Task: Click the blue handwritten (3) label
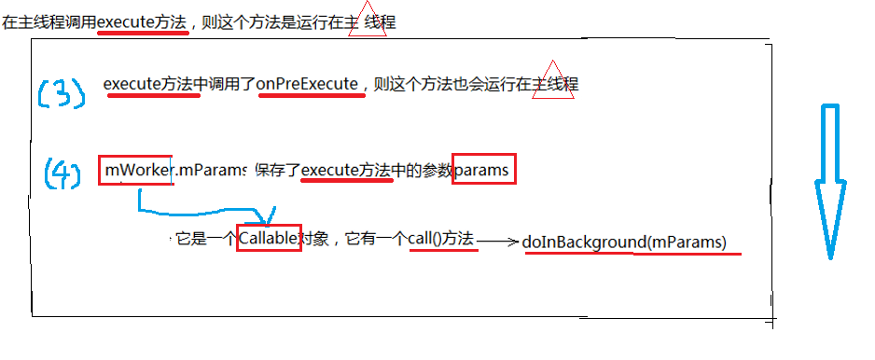tap(61, 92)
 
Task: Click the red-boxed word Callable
tap(269, 239)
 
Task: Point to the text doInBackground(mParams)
tap(624, 242)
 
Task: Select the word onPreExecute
tap(309, 84)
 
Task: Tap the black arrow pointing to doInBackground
tap(496, 242)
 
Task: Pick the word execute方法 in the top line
tap(143, 21)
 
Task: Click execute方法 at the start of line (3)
tap(152, 84)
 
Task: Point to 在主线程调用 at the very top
tap(47, 21)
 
